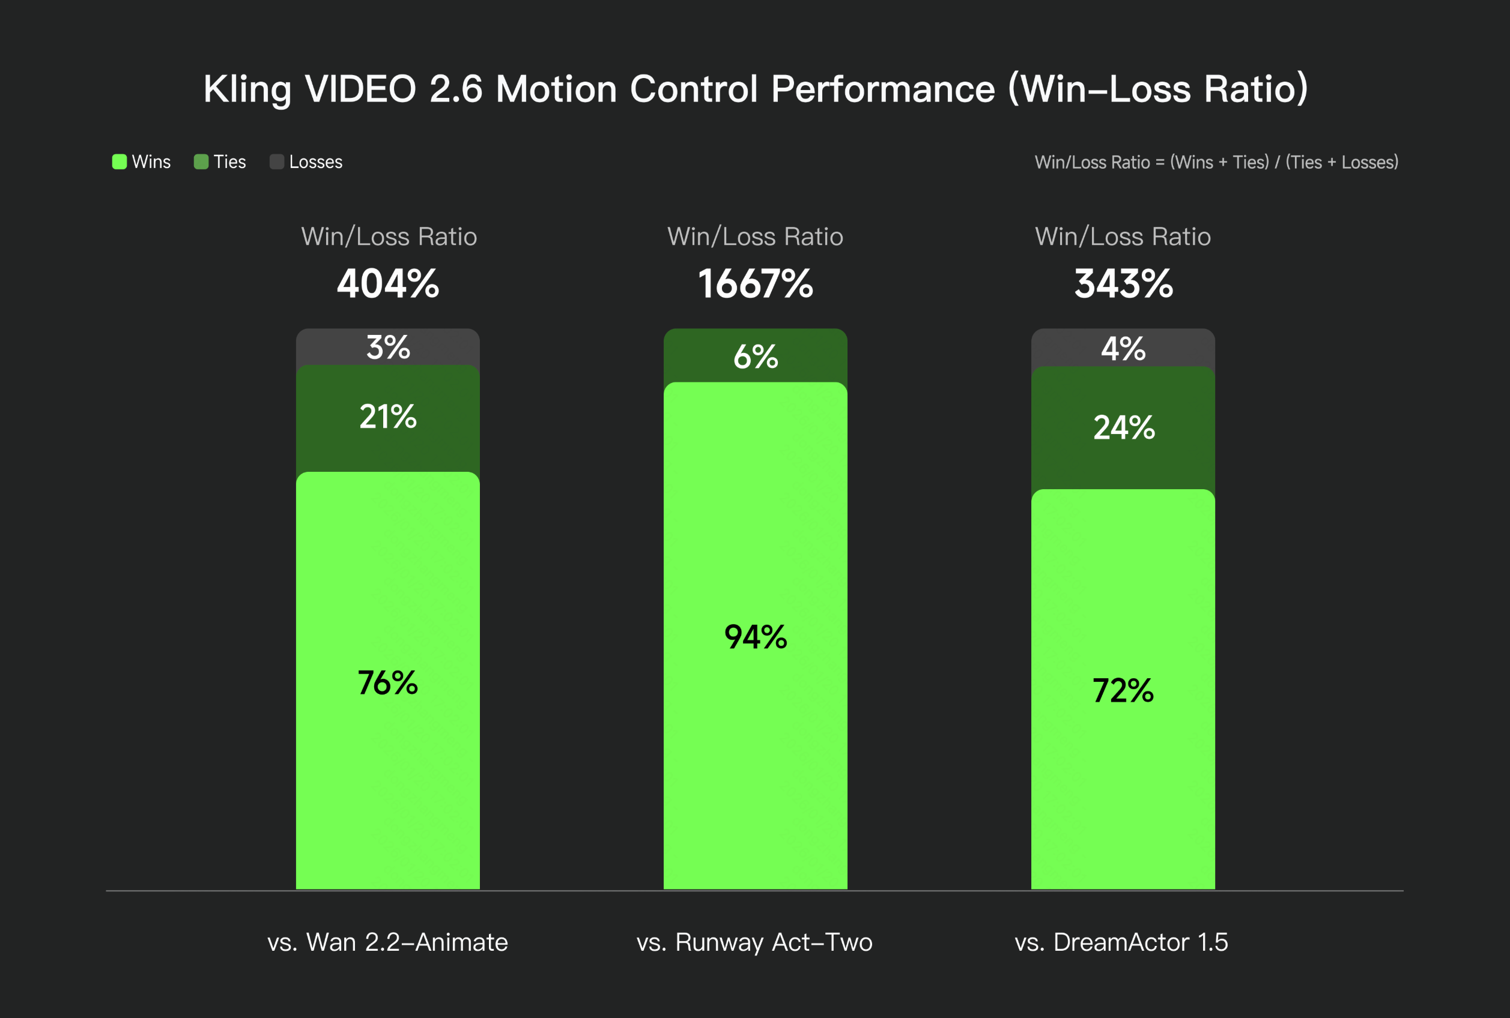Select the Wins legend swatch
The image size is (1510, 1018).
[x=120, y=161]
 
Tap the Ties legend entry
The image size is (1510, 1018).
[x=220, y=161]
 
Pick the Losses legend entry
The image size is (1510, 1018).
[x=306, y=161]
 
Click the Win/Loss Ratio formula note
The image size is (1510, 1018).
[x=1216, y=161]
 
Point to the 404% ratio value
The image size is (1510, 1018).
[x=388, y=284]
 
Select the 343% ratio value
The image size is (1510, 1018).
[x=1124, y=284]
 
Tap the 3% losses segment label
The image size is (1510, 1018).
[x=388, y=348]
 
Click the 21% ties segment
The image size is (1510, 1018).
[x=388, y=417]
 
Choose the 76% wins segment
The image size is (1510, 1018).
[x=388, y=682]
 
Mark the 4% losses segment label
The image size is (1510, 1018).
[x=1123, y=349]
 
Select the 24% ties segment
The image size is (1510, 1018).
[x=1124, y=427]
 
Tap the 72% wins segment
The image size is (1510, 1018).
[x=1123, y=690]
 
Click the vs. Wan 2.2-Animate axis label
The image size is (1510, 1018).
[x=388, y=941]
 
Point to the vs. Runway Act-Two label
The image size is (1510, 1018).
[x=754, y=941]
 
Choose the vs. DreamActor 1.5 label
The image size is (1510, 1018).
[x=1121, y=941]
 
